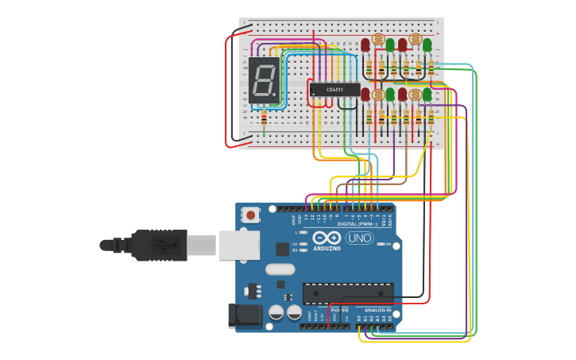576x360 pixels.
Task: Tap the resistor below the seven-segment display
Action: click(264, 118)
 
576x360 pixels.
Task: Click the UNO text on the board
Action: click(359, 238)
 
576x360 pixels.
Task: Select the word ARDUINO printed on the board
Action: click(327, 248)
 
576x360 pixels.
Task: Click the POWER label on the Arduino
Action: click(339, 310)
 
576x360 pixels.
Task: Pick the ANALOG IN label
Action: click(377, 310)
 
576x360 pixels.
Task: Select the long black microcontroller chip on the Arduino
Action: click(348, 292)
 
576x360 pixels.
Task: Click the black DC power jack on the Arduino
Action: click(245, 315)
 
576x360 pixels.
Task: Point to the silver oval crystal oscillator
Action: click(280, 269)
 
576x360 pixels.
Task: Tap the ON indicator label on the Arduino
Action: click(389, 244)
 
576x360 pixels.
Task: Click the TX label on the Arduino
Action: click(296, 244)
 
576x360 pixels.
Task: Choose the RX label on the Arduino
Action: click(296, 250)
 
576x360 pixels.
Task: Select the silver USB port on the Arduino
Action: click(238, 245)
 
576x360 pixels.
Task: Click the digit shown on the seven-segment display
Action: click(264, 81)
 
